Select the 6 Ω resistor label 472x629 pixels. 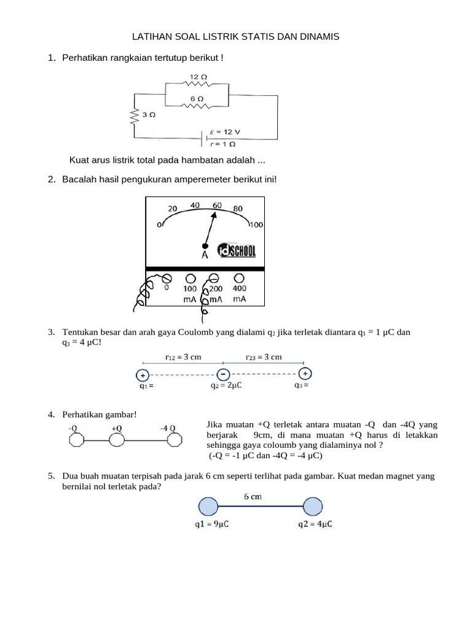click(197, 98)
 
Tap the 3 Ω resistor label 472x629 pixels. click(148, 115)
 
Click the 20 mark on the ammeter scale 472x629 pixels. click(172, 208)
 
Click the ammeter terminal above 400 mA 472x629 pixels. click(239, 278)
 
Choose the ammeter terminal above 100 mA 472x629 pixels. click(190, 278)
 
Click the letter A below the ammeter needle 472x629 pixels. click(205, 254)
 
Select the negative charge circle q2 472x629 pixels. click(224, 374)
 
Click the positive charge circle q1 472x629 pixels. click(143, 374)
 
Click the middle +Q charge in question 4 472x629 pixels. click(116, 440)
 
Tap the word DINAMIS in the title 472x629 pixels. click(318, 37)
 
